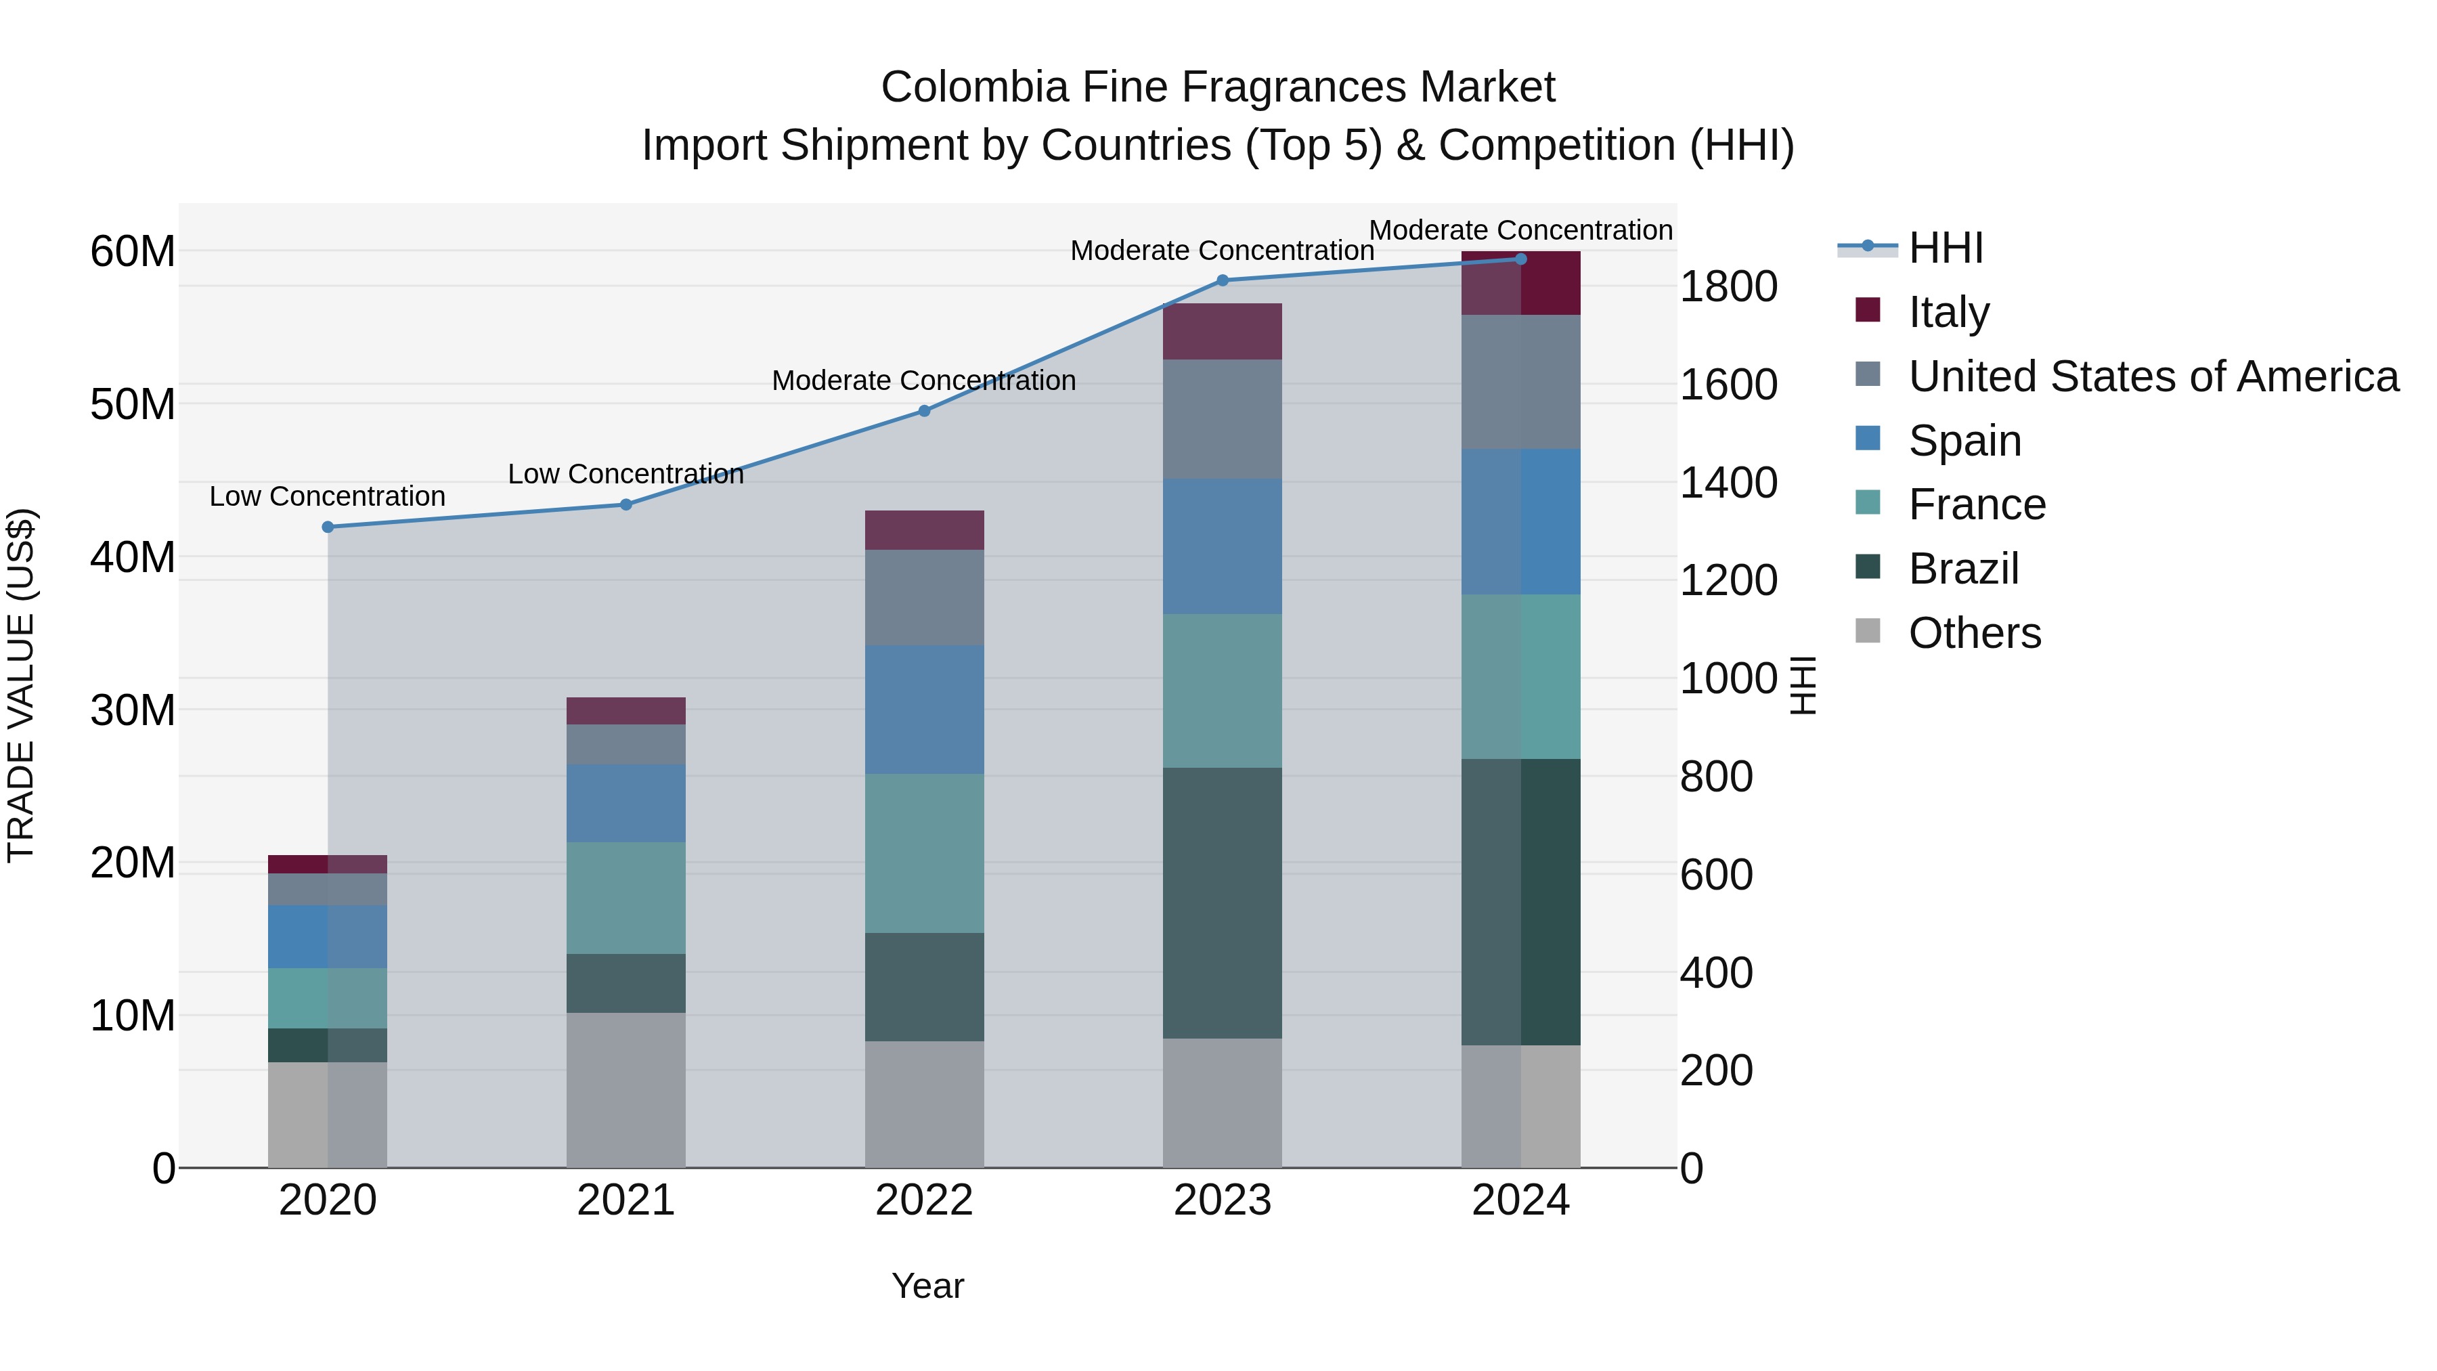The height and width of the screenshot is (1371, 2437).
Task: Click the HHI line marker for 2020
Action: click(328, 527)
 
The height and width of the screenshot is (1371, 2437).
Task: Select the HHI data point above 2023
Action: click(1223, 280)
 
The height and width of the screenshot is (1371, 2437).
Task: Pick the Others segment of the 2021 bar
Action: click(625, 1090)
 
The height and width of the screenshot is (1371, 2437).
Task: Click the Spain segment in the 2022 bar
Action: click(924, 710)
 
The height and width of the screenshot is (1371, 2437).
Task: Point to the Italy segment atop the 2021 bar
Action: click(625, 711)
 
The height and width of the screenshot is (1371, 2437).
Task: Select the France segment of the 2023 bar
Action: click(1223, 691)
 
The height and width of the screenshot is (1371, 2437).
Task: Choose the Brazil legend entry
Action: click(1963, 569)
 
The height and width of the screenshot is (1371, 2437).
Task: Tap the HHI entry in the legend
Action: click(1945, 248)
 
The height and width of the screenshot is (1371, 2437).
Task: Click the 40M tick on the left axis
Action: click(133, 557)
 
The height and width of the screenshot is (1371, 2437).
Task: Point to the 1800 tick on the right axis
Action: click(1728, 286)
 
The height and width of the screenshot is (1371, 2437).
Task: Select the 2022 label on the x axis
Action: click(924, 1200)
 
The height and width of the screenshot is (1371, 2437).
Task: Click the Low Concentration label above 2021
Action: click(625, 474)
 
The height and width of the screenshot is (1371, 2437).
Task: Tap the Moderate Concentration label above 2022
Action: click(924, 380)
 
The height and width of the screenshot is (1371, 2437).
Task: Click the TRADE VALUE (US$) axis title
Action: click(21, 685)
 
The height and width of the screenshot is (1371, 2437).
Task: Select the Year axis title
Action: click(927, 1286)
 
